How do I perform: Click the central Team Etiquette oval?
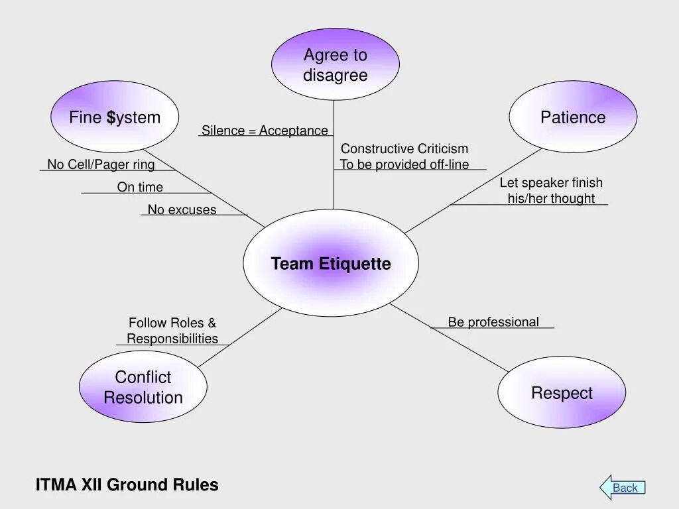coord(331,262)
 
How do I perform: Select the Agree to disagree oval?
coord(335,64)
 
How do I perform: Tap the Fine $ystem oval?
coord(115,117)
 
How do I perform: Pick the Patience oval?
coord(573,117)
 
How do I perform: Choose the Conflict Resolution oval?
coord(143,386)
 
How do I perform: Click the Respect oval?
coord(562,392)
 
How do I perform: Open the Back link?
coord(625,488)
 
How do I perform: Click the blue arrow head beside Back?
coord(606,487)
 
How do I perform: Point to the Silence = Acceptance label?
coord(265,131)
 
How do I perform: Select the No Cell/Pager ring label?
coord(101,164)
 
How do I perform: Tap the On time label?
coord(140,187)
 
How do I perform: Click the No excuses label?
coord(182,209)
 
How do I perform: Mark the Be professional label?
coord(493,322)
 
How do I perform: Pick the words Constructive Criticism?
coord(404,148)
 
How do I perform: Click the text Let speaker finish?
coord(551,183)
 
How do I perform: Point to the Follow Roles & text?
coord(172,323)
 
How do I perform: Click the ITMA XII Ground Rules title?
coord(127,484)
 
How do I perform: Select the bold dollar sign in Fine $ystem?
coord(111,117)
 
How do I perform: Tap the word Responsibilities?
coord(172,339)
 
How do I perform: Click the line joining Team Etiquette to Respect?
coord(449,337)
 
